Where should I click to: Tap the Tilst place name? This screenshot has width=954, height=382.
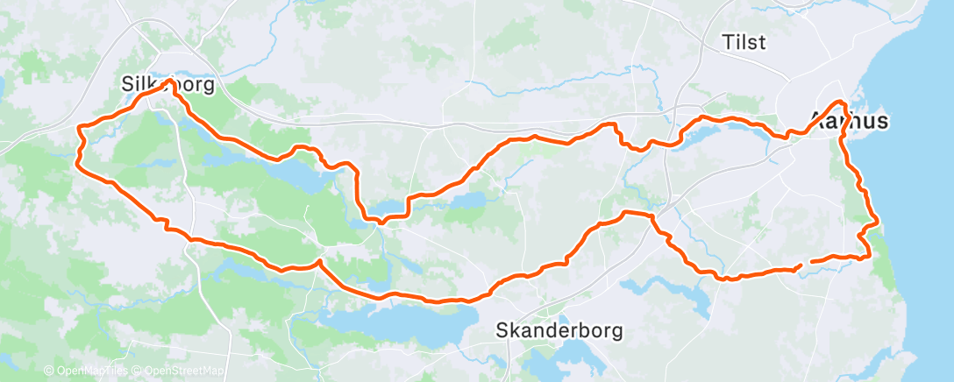(x=744, y=42)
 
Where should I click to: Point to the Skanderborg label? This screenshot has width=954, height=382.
(x=559, y=331)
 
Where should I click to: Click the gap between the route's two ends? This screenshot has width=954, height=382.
(x=806, y=263)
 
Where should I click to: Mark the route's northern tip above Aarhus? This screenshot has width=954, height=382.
(x=841, y=103)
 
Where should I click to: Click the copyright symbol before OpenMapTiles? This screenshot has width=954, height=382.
(x=48, y=371)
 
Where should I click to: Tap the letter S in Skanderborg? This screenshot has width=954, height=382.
(x=502, y=331)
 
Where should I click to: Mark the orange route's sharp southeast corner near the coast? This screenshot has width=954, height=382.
(x=868, y=256)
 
